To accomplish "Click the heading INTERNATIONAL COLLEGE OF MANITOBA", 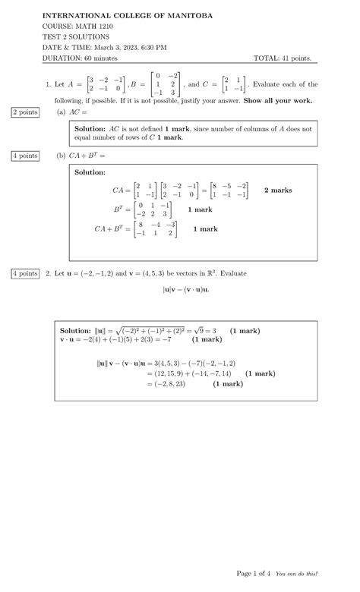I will coord(127,15).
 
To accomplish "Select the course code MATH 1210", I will coord(96,26).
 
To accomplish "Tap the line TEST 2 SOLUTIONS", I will coord(75,36).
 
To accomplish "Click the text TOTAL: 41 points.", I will coord(286,58).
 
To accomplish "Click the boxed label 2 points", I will coord(24,112).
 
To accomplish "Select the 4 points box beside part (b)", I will coord(24,156).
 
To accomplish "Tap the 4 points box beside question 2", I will coord(24,273).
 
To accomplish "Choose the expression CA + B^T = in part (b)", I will coord(80,156).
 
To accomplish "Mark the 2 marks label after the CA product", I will coord(278,190).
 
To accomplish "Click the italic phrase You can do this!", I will coord(297,574).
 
